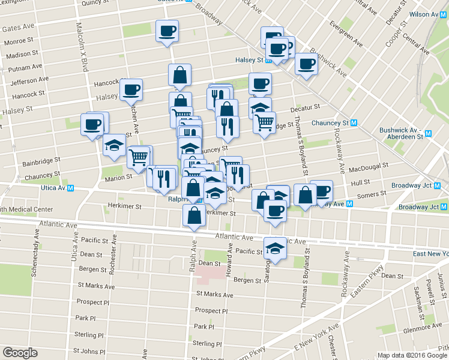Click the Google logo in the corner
pyautogui.click(x=20, y=353)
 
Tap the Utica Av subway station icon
pyautogui.click(x=71, y=188)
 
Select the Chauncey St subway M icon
pyautogui.click(x=354, y=123)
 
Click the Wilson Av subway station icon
pyautogui.click(x=445, y=14)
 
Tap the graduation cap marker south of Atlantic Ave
pyautogui.click(x=274, y=248)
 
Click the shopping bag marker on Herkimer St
pyautogui.click(x=193, y=217)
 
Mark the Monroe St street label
pyautogui.click(x=18, y=41)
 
